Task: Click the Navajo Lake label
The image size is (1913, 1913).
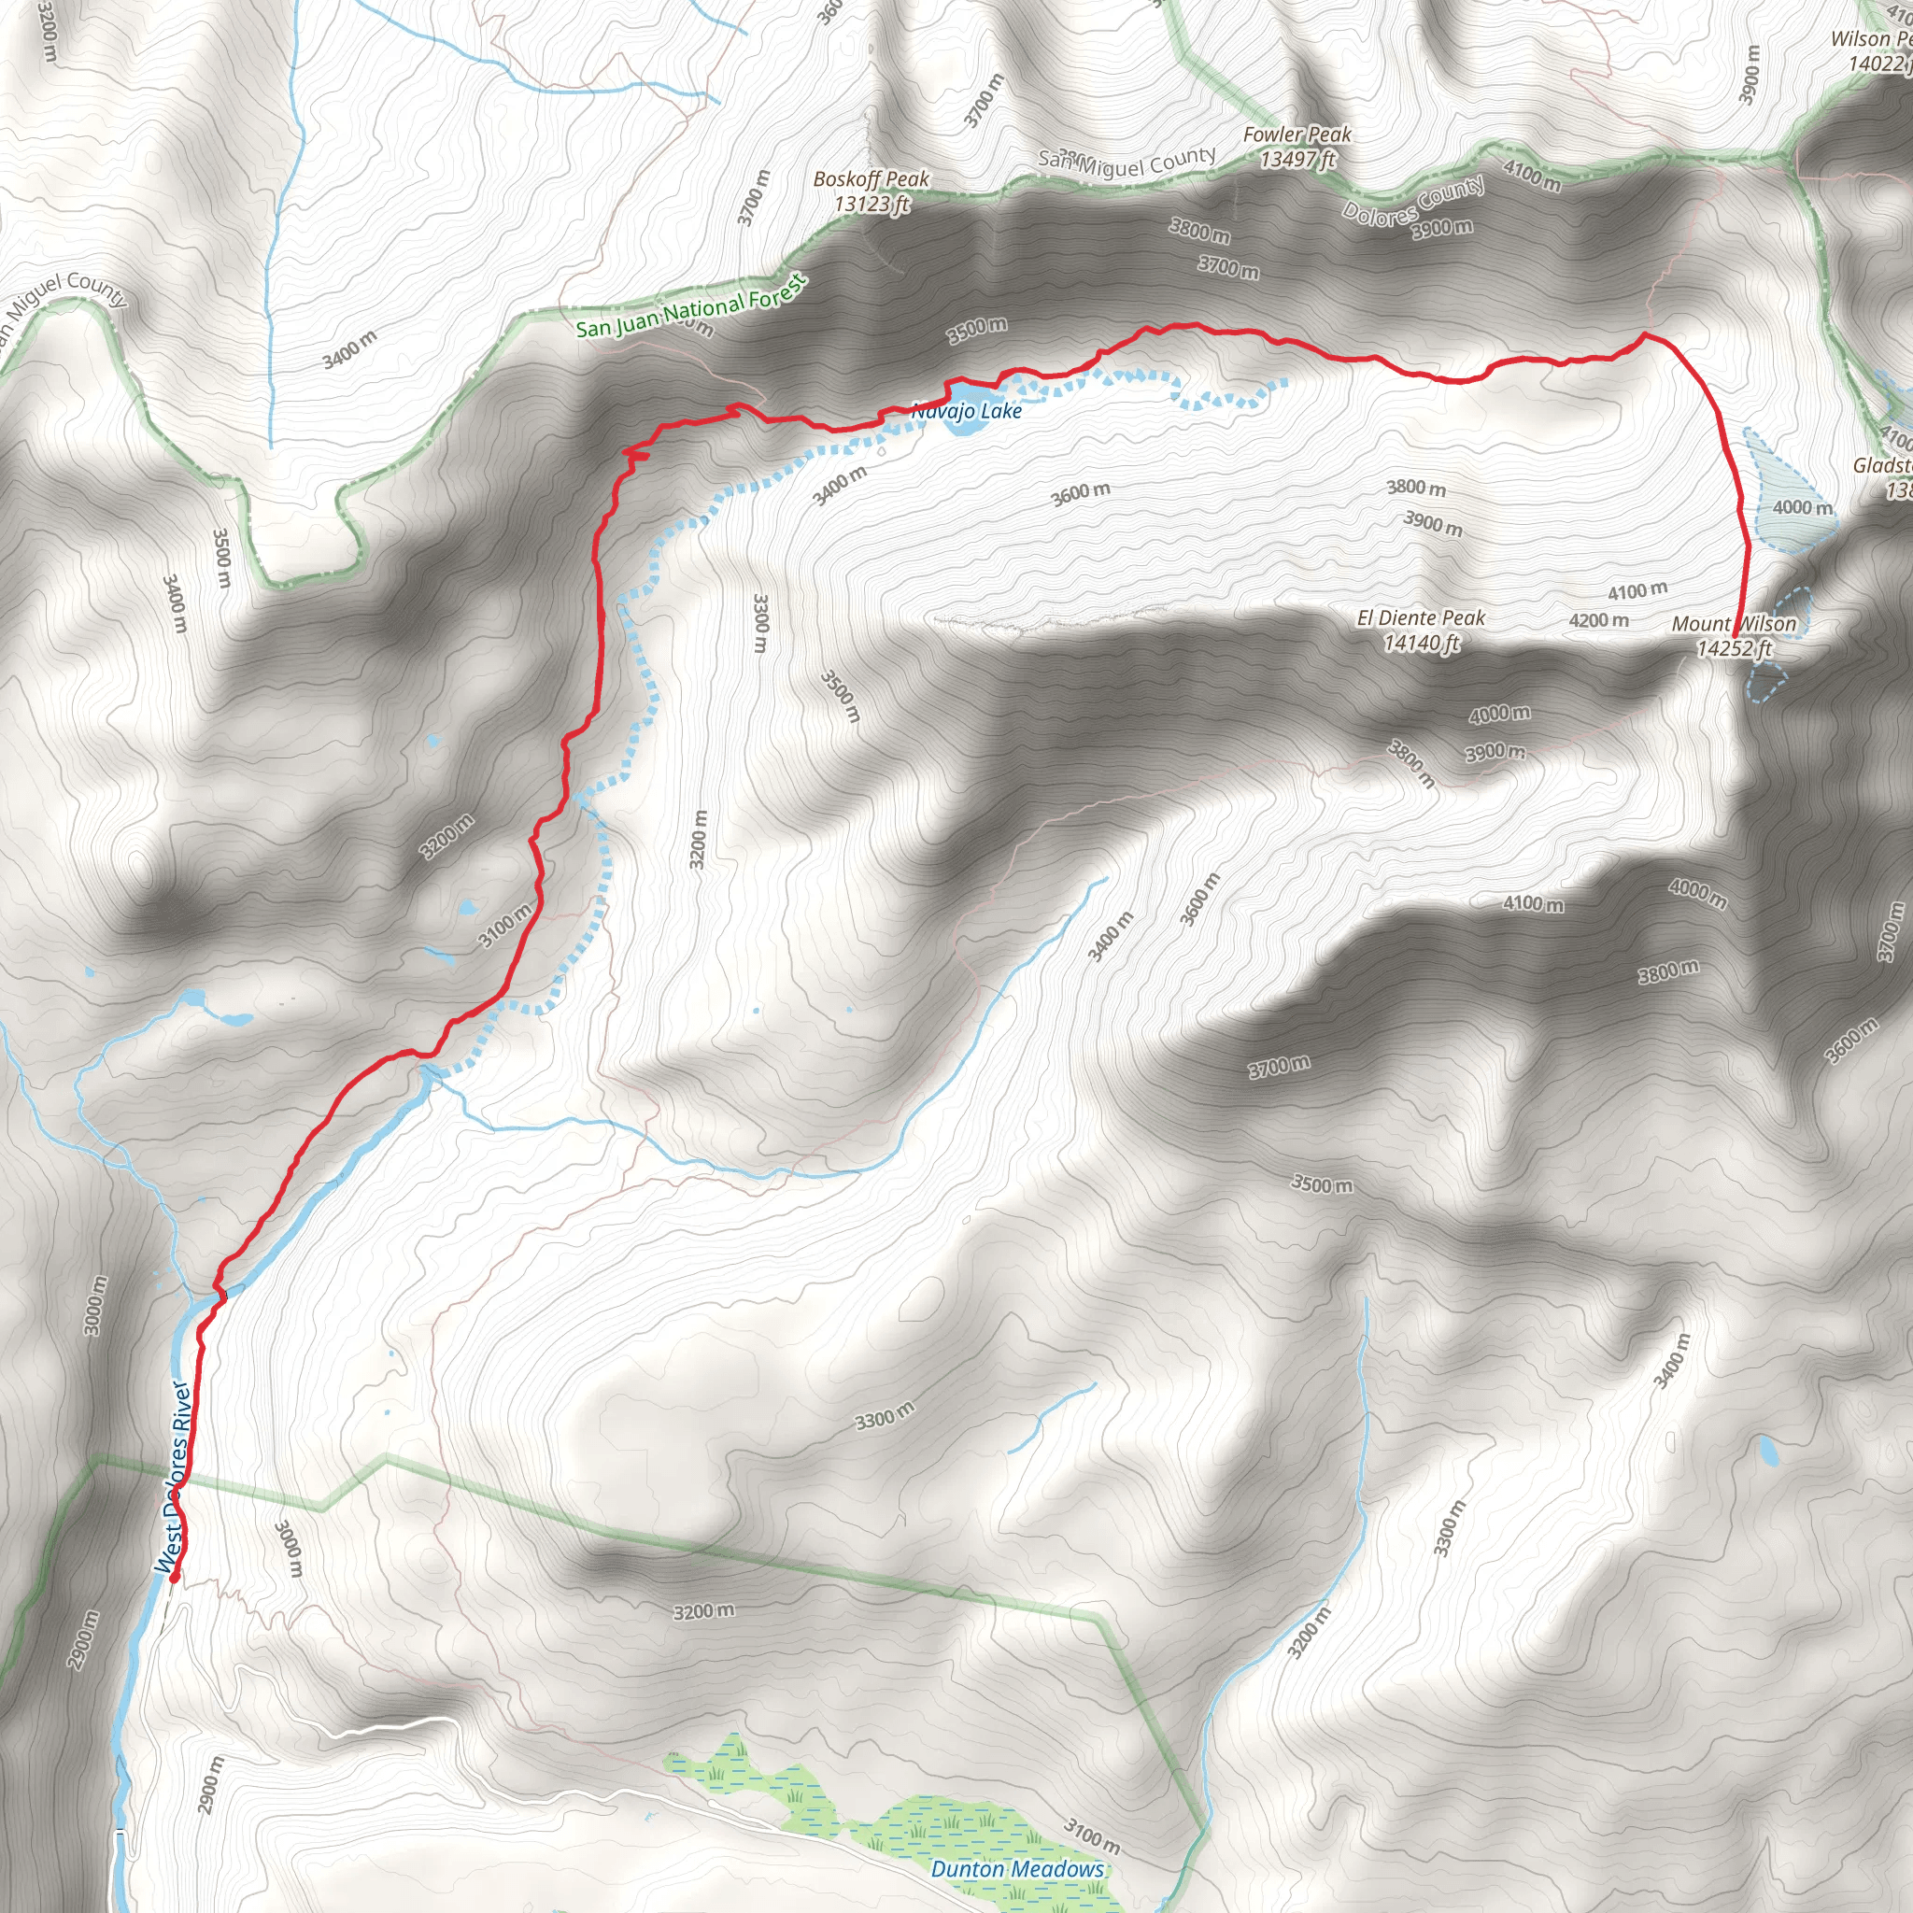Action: pyautogui.click(x=967, y=410)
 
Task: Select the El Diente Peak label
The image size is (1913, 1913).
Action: pyautogui.click(x=1421, y=630)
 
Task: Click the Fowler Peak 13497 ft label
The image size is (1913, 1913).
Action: pyautogui.click(x=1297, y=147)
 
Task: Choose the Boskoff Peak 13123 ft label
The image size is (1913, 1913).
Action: pyautogui.click(x=871, y=191)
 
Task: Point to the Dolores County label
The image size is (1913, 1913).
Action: pyautogui.click(x=1413, y=200)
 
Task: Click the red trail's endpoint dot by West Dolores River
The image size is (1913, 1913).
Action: pyautogui.click(x=175, y=1579)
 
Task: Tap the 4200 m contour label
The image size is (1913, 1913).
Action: pyautogui.click(x=1598, y=621)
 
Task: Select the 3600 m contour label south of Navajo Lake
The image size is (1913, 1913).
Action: pyautogui.click(x=1081, y=493)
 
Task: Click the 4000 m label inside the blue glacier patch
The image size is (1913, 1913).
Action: pyautogui.click(x=1802, y=508)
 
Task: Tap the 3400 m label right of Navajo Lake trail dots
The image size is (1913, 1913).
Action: pyautogui.click(x=840, y=484)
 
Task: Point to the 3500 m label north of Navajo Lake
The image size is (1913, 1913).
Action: pyautogui.click(x=976, y=330)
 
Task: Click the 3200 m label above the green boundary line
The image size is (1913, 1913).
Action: pyautogui.click(x=704, y=1611)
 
